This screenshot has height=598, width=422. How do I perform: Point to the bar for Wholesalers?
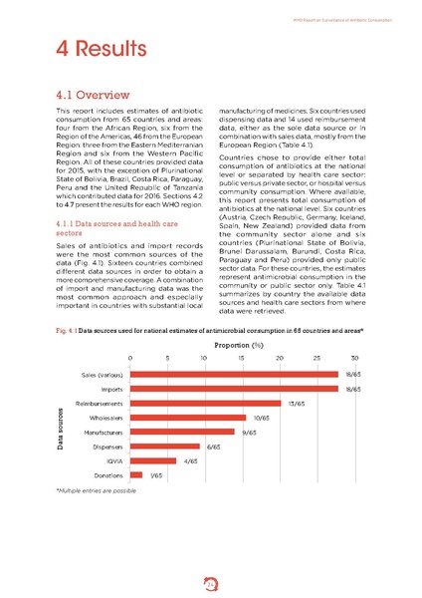pos(189,418)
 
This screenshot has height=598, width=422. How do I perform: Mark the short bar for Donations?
pos(136,475)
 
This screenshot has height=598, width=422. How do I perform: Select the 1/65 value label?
pos(156,475)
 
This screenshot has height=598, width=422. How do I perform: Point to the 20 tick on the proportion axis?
pos(280,356)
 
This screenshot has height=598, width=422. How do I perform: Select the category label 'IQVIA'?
pos(112,461)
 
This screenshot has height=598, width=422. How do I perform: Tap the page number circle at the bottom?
pos(210,576)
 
